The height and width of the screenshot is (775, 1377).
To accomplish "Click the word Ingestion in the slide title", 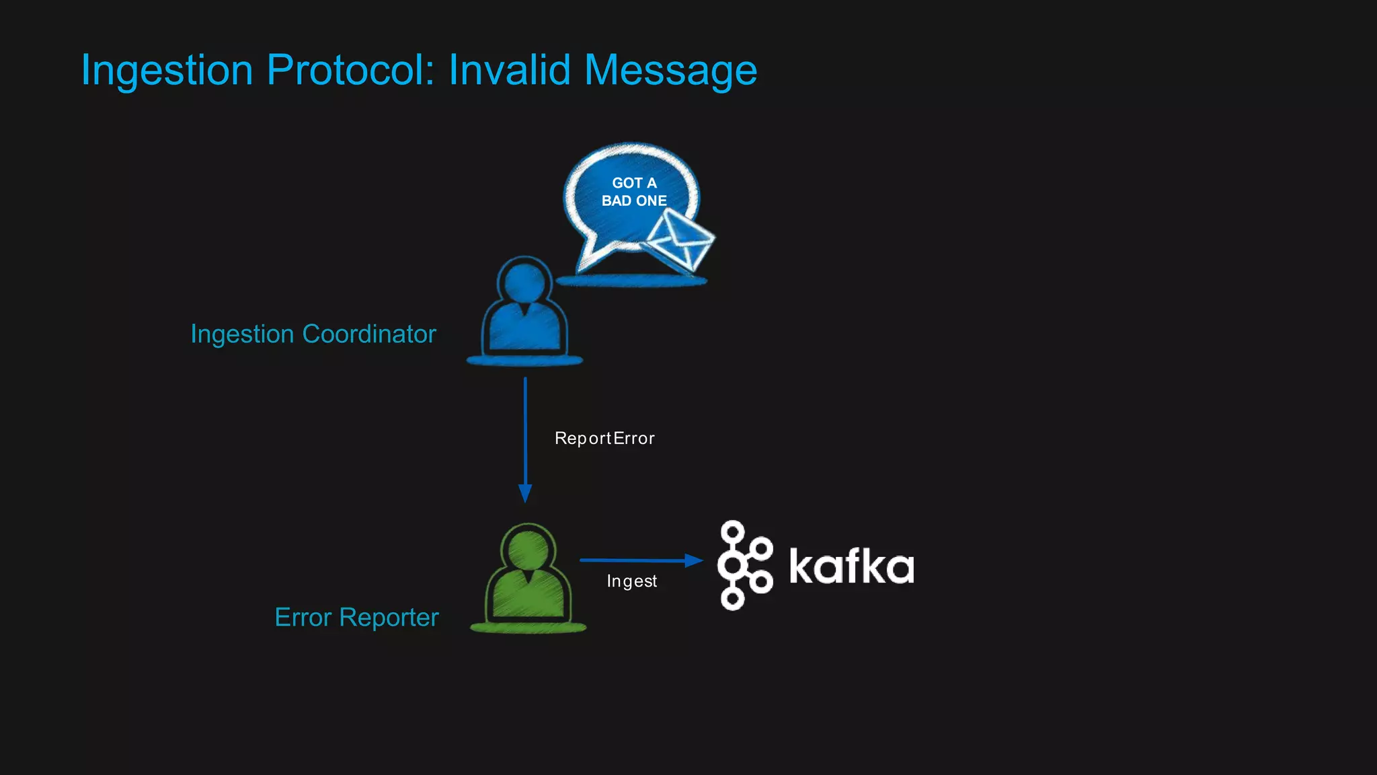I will click(167, 70).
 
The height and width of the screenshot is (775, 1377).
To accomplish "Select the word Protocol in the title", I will click(351, 70).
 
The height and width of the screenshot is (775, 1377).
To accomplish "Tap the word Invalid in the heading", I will click(510, 70).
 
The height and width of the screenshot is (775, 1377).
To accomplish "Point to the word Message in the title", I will click(670, 70).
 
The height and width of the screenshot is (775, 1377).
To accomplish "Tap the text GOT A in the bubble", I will click(634, 183).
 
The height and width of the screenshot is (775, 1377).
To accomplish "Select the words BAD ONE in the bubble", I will click(634, 200).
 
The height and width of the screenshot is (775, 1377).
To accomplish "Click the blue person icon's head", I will click(524, 282).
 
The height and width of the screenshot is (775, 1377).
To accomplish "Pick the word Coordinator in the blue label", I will click(369, 334).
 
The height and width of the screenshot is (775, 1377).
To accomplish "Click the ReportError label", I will click(604, 439).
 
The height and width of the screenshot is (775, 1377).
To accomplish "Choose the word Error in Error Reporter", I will click(303, 618).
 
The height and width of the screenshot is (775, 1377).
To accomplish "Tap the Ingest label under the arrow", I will click(631, 581).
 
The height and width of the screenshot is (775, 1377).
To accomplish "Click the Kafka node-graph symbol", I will click(744, 565).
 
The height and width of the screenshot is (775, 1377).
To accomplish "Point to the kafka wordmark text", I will click(851, 566).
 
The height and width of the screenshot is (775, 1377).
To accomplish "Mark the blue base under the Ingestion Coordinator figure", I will click(524, 361).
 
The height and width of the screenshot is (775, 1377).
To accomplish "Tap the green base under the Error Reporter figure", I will click(528, 628).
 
